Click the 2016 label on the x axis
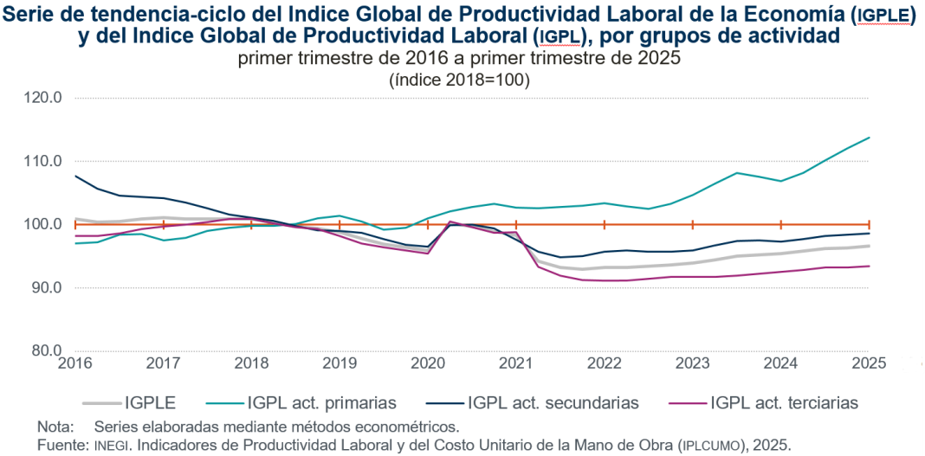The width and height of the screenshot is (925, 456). pos(74,364)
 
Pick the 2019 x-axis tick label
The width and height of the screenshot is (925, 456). pos(340,364)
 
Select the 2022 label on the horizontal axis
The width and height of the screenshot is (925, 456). pos(605,364)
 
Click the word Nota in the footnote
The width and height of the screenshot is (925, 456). pos(53,427)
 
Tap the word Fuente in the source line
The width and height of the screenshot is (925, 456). pos(59,445)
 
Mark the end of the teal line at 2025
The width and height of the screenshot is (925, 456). pos(870,138)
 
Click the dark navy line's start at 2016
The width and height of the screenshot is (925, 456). pos(75,176)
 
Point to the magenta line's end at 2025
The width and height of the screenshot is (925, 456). pos(870,266)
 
